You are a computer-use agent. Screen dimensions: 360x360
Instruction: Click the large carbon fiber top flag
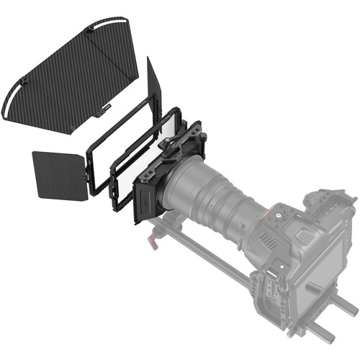pyautogui.click(x=72, y=72)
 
